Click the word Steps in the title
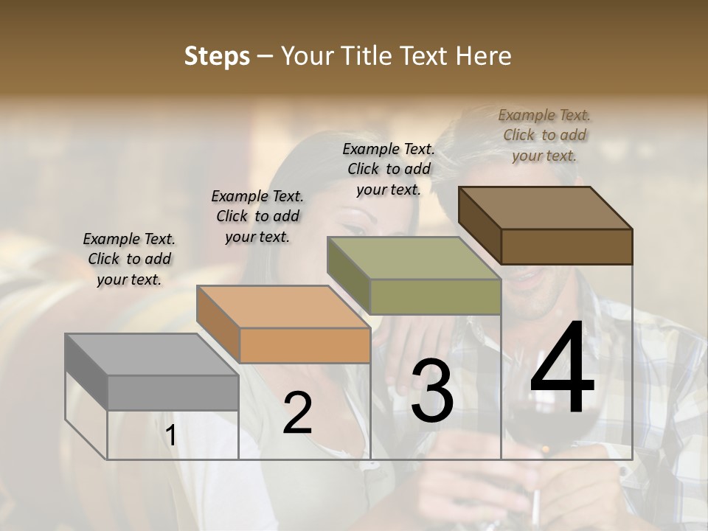point(217,56)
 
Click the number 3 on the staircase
point(432,391)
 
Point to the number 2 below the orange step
point(297,413)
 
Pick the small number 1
point(170,436)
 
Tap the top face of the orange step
point(282,307)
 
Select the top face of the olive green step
point(414,258)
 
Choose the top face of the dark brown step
point(545,208)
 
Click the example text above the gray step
point(129,259)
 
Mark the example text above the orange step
point(257,216)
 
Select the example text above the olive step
point(389,169)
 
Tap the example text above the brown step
point(544,135)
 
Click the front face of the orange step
point(305,345)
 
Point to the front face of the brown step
point(566,246)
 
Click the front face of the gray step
point(173,392)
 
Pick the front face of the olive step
point(435,296)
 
